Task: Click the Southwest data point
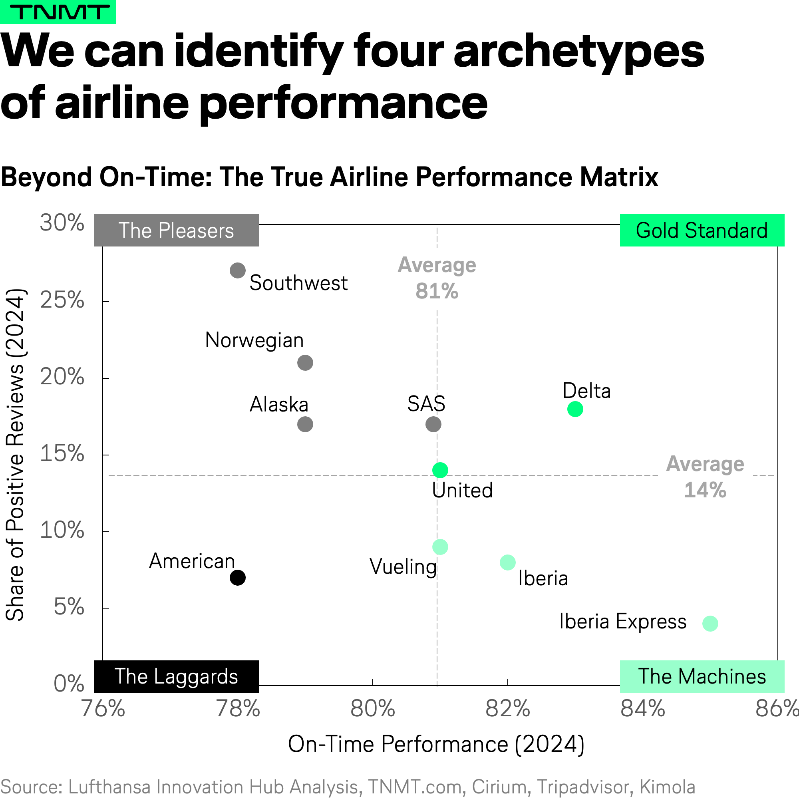[x=237, y=270]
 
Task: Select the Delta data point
[x=575, y=409]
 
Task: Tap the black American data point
[x=237, y=577]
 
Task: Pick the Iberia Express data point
[x=710, y=623]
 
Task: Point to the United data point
[x=440, y=470]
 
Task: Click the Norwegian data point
[x=305, y=363]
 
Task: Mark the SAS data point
[x=433, y=424]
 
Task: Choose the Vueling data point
[x=440, y=547]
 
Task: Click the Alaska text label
[x=279, y=404]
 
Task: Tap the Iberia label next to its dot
[x=543, y=578]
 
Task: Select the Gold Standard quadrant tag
[x=702, y=231]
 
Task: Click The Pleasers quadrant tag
[x=176, y=231]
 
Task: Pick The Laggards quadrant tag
[x=176, y=676]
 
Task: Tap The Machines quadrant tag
[x=702, y=676]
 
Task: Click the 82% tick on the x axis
[x=507, y=708]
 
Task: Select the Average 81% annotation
[x=437, y=278]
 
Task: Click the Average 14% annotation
[x=705, y=477]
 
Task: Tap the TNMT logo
[x=58, y=12]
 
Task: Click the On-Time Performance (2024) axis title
[x=436, y=744]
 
